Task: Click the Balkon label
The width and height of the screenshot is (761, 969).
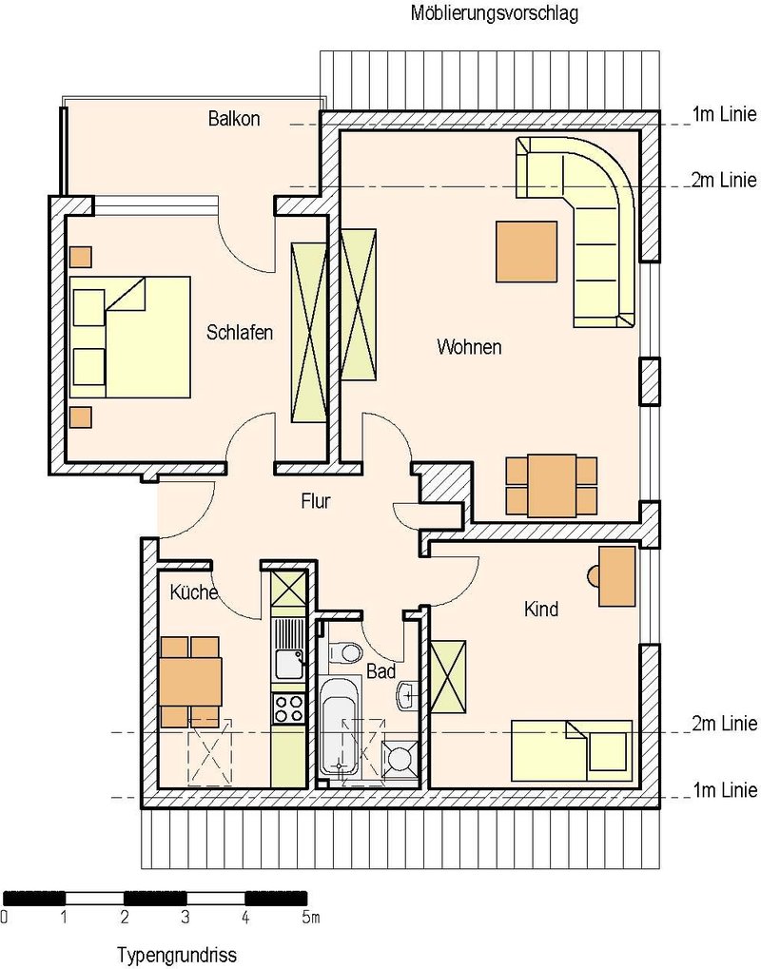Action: [234, 118]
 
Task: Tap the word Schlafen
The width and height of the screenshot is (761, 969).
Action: [240, 333]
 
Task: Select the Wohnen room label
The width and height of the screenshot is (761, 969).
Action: [469, 347]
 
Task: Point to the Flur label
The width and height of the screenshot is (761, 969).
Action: [316, 500]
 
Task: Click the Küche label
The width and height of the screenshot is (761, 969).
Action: [194, 592]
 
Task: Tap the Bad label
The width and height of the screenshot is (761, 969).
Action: [380, 671]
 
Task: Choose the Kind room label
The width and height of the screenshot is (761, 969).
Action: [541, 610]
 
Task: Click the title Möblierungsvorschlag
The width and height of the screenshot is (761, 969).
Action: [495, 13]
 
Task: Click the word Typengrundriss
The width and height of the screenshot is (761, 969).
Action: [177, 955]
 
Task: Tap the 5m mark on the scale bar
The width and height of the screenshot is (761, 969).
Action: [311, 918]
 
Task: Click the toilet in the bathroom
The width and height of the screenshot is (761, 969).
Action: [344, 652]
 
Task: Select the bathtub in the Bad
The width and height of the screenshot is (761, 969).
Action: [340, 727]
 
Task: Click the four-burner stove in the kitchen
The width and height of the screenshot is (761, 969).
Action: [288, 708]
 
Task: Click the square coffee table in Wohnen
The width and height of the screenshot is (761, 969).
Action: [526, 251]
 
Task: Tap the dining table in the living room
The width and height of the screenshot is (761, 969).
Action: [552, 486]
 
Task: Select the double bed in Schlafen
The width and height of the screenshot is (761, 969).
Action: [130, 337]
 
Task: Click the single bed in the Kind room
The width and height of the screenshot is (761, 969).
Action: [572, 750]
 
